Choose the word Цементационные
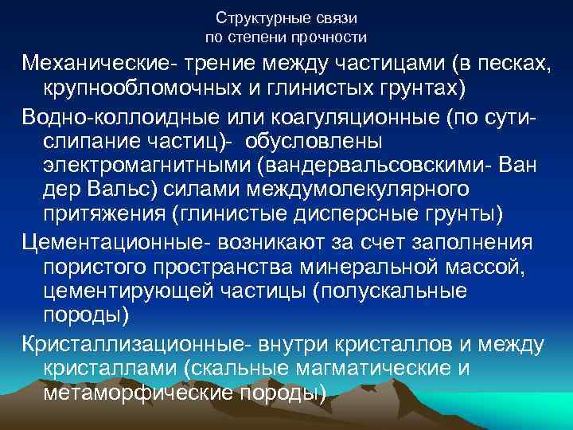105,240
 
